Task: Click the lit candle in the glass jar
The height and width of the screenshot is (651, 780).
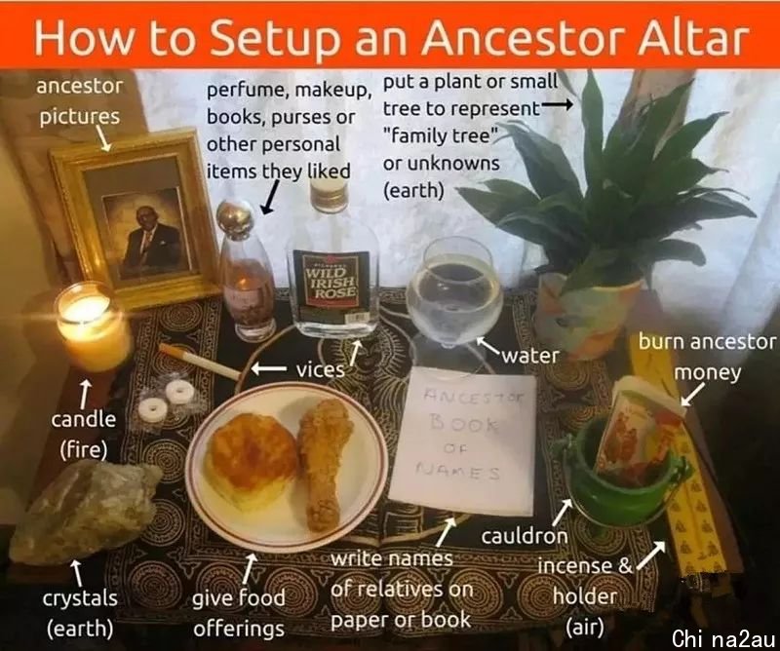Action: coord(92,325)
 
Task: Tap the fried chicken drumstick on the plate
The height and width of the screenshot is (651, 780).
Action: coord(324,463)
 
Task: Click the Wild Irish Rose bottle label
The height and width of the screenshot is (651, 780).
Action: coord(331,279)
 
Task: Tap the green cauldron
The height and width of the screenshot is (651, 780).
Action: coord(624,478)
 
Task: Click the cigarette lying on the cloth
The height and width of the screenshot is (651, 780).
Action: coord(200,362)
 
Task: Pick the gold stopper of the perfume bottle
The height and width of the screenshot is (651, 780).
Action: coord(235,219)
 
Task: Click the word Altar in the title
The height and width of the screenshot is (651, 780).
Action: coord(693,38)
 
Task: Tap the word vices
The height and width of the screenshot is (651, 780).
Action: coord(321,370)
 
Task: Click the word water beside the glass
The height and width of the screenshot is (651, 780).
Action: coord(530,356)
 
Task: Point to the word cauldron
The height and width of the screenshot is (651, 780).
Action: coord(525,536)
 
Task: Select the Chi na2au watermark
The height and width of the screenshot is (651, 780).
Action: coord(723,638)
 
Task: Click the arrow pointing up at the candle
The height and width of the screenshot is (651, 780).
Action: coord(86,394)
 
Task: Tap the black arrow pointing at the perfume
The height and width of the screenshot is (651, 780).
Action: coord(271,198)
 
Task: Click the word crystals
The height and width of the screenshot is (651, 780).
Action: coord(80,598)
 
